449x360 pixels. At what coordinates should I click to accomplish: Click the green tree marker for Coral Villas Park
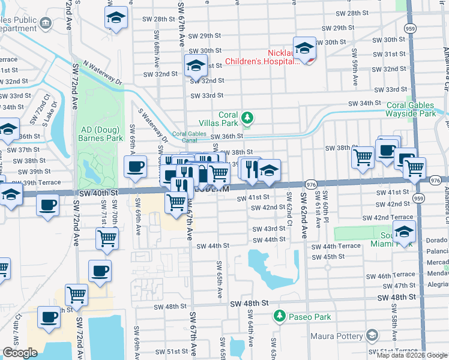pyautogui.click(x=246, y=118)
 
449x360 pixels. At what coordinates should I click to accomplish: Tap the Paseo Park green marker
pyautogui.click(x=279, y=316)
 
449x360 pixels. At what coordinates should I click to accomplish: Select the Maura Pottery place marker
pyautogui.click(x=372, y=335)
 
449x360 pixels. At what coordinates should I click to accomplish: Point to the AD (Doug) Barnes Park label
pyautogui.click(x=99, y=134)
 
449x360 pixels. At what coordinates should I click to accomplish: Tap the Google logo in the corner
pyautogui.click(x=19, y=353)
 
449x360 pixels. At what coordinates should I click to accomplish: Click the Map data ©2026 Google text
pyautogui.click(x=412, y=355)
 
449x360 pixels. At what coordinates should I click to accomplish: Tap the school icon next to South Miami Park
pyautogui.click(x=405, y=231)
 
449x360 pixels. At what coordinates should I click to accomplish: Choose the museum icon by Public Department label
pyautogui.click(x=46, y=24)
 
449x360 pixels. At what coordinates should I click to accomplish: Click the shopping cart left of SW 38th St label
pyautogui.click(x=363, y=157)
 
